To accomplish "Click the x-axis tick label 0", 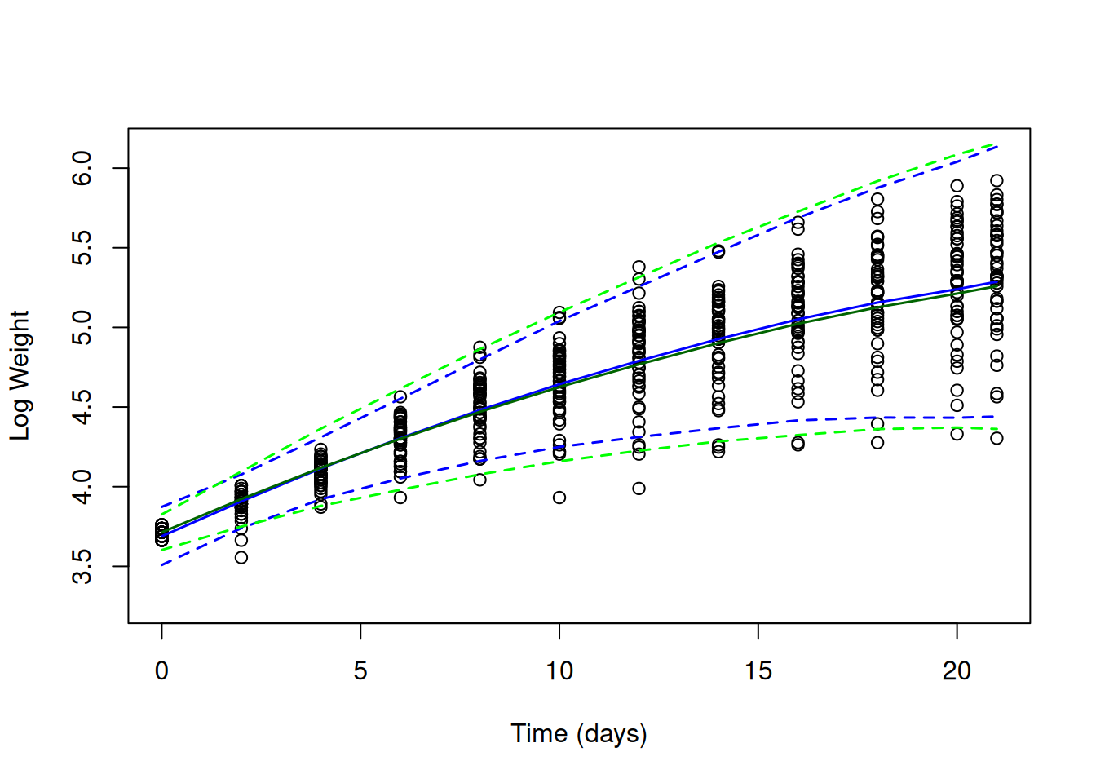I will pos(161,671).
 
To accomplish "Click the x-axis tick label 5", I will pos(360,671).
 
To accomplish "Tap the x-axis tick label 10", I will pos(559,671).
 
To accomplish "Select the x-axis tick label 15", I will pos(758,671).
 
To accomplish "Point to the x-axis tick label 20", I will pos(957,671).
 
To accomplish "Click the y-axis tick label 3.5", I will pos(82,566).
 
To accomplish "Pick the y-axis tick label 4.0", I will pos(82,487).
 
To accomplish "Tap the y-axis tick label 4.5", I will pos(82,407).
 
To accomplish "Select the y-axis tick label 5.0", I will pos(82,327).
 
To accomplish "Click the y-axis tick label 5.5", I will pos(82,248).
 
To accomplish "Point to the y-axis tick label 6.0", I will pos(82,168).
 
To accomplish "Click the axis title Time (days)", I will pos(579,733).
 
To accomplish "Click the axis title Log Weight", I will pos(20,375).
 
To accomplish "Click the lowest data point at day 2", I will pos(241,558).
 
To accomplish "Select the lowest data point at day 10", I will pos(559,498).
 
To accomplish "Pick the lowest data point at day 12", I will pos(639,489).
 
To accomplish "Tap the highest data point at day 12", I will pos(639,267).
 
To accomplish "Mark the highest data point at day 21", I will pos(997,181).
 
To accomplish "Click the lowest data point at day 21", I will pos(997,438).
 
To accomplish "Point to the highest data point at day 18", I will pos(877,199).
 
